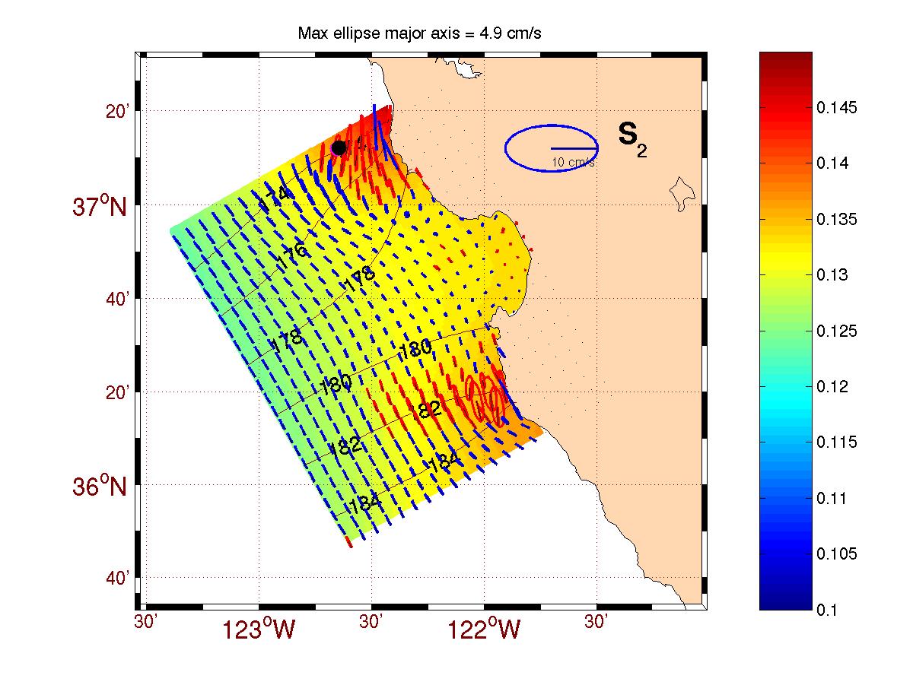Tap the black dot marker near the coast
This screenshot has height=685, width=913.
[x=339, y=147]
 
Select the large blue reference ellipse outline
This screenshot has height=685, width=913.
[x=507, y=148]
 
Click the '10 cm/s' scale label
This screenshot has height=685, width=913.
[x=574, y=163]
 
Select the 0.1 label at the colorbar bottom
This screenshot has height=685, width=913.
[x=829, y=610]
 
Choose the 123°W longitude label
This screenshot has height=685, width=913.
[x=259, y=630]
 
